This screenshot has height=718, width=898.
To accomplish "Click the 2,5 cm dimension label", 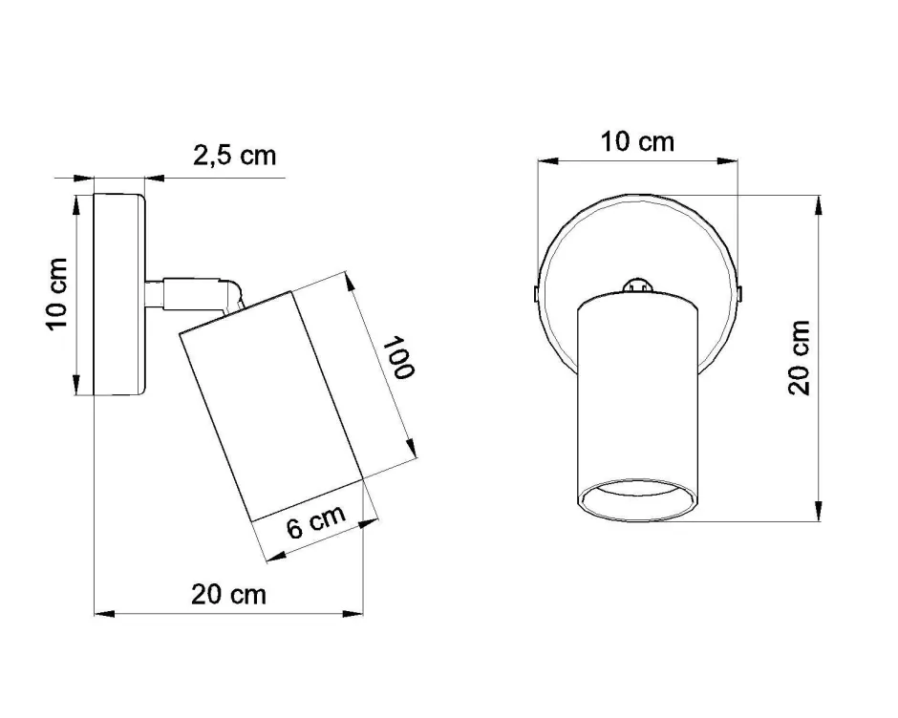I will pyautogui.click(x=234, y=156).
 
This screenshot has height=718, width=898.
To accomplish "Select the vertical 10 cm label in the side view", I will pyautogui.click(x=58, y=294).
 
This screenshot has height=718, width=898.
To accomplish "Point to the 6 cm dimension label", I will pyautogui.click(x=315, y=521).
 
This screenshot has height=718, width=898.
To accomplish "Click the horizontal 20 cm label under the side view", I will pyautogui.click(x=228, y=594).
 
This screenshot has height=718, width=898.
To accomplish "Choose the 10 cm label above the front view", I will pyautogui.click(x=637, y=142).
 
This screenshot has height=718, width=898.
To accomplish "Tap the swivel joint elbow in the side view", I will pyautogui.click(x=231, y=291).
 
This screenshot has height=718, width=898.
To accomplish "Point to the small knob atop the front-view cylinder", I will pyautogui.click(x=636, y=284).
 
